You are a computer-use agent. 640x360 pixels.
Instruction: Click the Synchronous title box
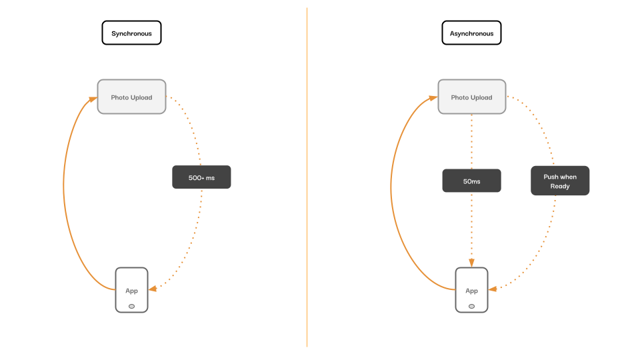[x=131, y=33]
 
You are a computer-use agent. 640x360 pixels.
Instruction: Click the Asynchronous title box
[x=471, y=33]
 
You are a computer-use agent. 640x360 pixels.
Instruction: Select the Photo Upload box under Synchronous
[x=131, y=97]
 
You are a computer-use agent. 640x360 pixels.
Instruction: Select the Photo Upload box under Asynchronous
[x=472, y=97]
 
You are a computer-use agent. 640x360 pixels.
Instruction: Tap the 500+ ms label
[x=201, y=177]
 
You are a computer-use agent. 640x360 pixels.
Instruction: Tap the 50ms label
[x=471, y=181]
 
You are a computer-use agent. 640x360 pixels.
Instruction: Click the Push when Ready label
[x=560, y=181]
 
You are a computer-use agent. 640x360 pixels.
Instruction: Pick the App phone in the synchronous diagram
[x=131, y=290]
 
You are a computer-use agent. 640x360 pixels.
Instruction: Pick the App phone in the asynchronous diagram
[x=471, y=290]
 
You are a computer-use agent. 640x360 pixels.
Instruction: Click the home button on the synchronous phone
[x=131, y=306]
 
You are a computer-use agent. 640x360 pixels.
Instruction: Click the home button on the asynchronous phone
[x=471, y=306]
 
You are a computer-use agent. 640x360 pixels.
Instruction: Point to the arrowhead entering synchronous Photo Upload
[x=93, y=99]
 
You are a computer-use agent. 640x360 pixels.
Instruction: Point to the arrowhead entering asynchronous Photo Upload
[x=433, y=98]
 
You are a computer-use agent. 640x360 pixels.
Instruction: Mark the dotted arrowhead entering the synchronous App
[x=153, y=289]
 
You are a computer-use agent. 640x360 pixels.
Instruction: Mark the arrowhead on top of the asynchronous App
[x=471, y=263]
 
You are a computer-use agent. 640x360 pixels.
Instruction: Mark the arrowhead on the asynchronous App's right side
[x=493, y=289]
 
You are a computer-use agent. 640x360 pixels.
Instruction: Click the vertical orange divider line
[x=307, y=177]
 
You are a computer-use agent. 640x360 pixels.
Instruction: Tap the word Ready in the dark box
[x=560, y=186]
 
